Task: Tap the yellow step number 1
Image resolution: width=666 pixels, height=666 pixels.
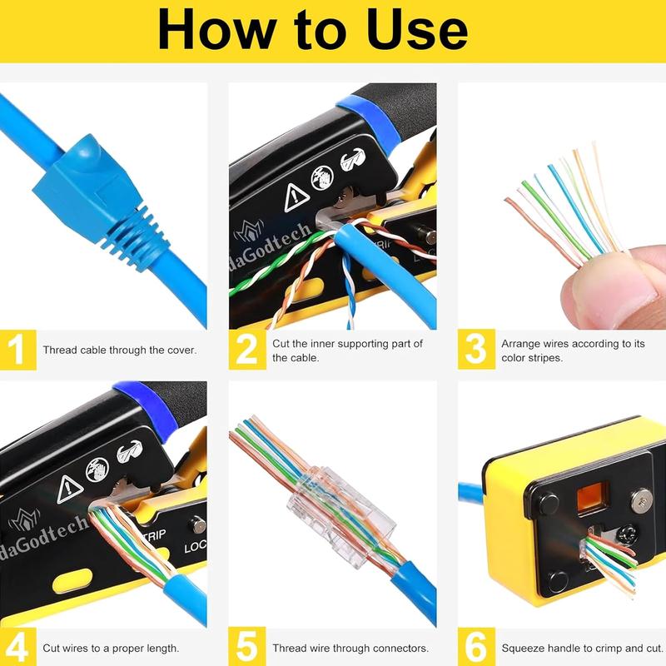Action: coord(17,350)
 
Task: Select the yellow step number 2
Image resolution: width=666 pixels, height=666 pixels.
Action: coord(247,350)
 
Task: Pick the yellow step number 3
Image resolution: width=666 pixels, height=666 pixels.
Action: coord(475,350)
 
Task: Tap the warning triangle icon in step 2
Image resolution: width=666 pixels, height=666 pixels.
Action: coord(297,197)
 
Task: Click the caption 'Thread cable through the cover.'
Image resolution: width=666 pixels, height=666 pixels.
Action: coord(119,350)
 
